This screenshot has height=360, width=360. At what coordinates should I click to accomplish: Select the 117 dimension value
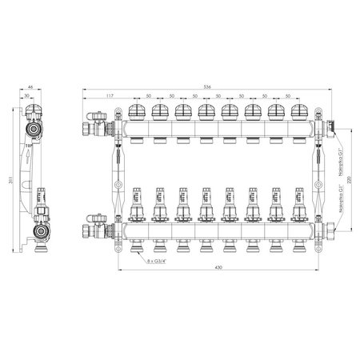click(108, 96)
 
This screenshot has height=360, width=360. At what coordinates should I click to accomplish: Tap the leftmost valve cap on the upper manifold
click(137, 111)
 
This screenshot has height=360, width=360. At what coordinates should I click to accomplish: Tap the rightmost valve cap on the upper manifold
click(299, 111)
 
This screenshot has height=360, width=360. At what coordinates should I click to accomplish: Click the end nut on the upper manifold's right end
click(330, 125)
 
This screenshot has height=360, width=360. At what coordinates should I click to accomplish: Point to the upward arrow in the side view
click(26, 146)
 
